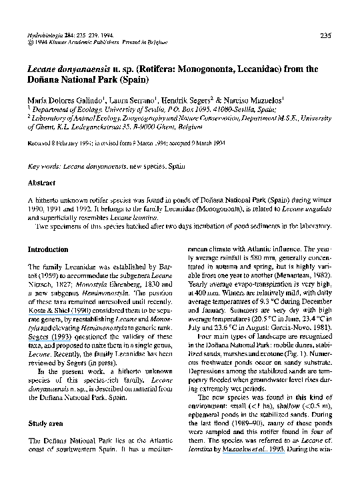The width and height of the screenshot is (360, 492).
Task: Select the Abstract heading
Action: tap(41, 182)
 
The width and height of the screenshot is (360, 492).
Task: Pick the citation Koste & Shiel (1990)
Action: tap(53, 309)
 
